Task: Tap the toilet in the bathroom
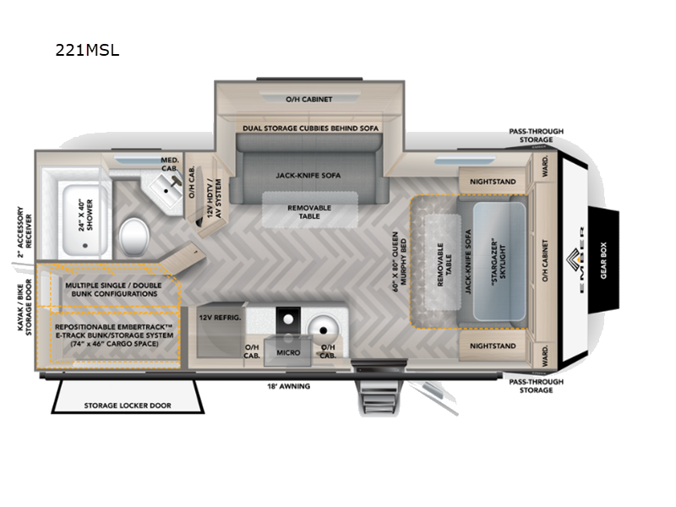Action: pos(134,232)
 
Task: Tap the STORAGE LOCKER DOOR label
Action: pos(127,406)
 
